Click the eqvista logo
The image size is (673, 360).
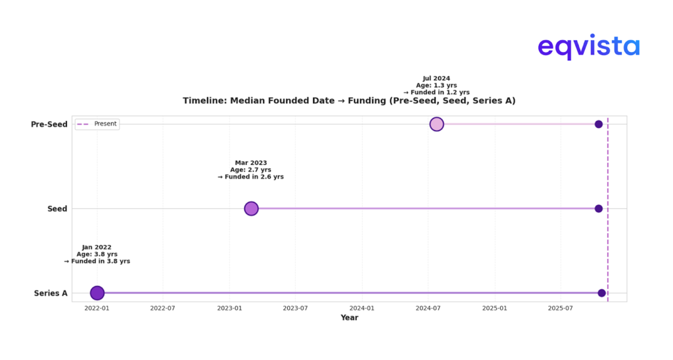pyautogui.click(x=588, y=47)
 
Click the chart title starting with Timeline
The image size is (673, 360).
pyautogui.click(x=348, y=101)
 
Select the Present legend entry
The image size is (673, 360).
pyautogui.click(x=97, y=124)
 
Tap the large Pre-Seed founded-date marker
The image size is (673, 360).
pyautogui.click(x=436, y=124)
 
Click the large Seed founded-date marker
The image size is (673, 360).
pyautogui.click(x=251, y=208)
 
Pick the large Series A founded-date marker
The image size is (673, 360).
pyautogui.click(x=97, y=293)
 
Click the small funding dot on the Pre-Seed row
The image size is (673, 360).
pyautogui.click(x=599, y=124)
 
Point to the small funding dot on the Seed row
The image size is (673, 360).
pyautogui.click(x=599, y=208)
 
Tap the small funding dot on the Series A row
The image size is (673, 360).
pyautogui.click(x=601, y=293)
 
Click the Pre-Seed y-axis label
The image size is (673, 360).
pyautogui.click(x=49, y=124)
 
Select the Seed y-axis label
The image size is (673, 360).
pyautogui.click(x=57, y=209)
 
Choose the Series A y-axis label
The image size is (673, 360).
pyautogui.click(x=51, y=293)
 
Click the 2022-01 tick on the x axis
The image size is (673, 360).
pyautogui.click(x=97, y=307)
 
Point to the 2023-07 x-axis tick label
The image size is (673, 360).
pyautogui.click(x=296, y=307)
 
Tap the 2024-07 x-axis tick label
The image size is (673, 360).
pyautogui.click(x=429, y=307)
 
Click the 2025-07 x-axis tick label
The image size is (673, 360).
pyautogui.click(x=561, y=307)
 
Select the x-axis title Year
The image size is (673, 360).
pyautogui.click(x=349, y=318)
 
